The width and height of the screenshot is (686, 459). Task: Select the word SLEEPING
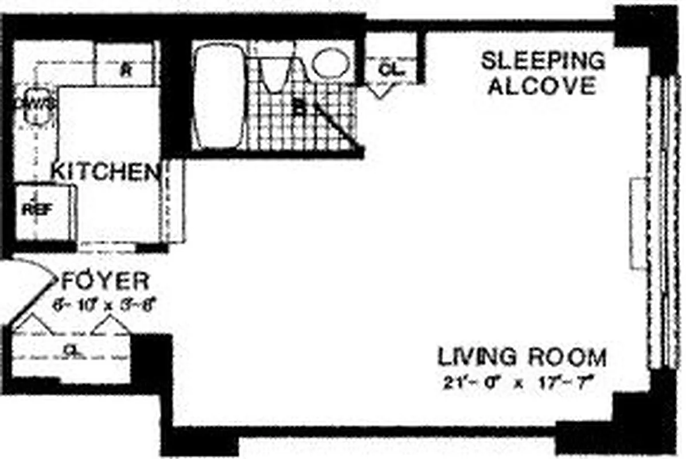[x=543, y=60]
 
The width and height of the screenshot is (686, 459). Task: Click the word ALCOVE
[x=543, y=86]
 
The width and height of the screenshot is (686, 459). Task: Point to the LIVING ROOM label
[x=522, y=357]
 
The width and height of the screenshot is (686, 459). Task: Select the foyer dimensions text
[x=104, y=305]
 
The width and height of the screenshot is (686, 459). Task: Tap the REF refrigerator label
[x=37, y=209]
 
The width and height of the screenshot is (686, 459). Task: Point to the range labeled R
[x=126, y=71]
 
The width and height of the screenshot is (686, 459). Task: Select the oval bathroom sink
[x=330, y=63]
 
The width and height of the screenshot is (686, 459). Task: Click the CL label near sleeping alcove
[x=392, y=69]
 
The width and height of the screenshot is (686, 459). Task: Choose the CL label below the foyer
[x=71, y=348]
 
